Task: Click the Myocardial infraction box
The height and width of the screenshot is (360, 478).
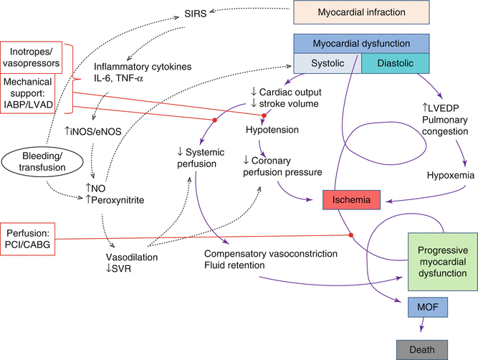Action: [362, 13]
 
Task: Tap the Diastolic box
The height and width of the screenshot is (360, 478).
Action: [391, 64]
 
